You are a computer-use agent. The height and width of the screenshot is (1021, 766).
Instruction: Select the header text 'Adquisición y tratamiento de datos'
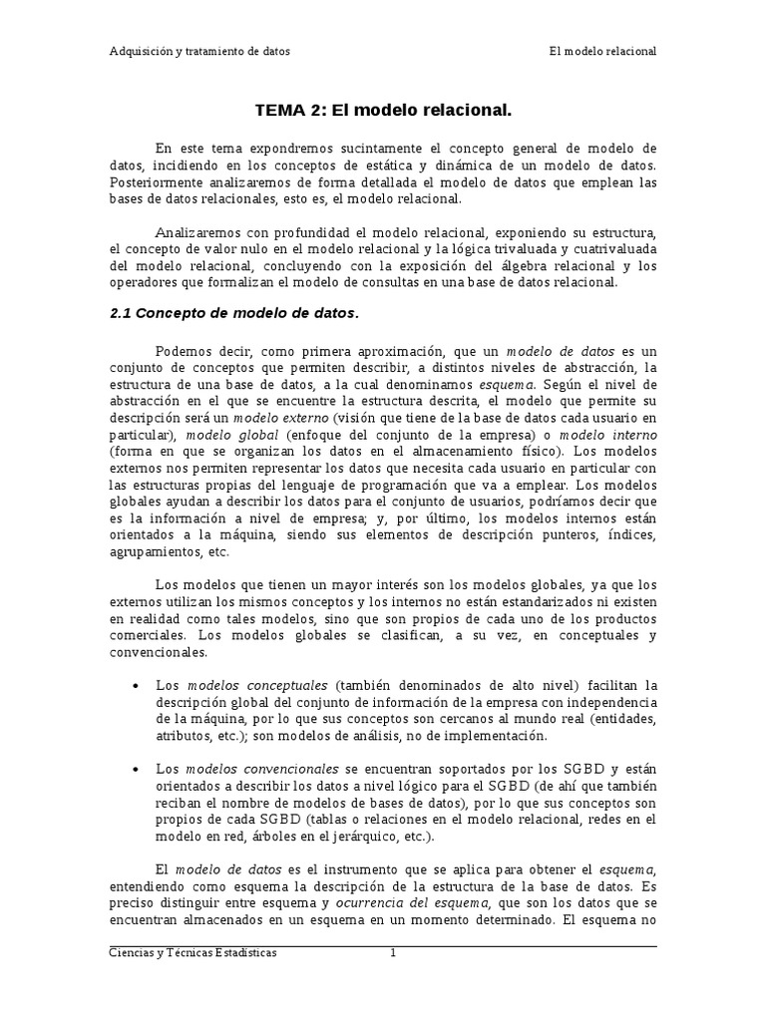(x=199, y=51)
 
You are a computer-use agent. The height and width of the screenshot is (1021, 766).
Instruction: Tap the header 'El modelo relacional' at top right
(x=602, y=51)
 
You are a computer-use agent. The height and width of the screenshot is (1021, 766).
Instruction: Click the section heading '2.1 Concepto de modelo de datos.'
(x=233, y=313)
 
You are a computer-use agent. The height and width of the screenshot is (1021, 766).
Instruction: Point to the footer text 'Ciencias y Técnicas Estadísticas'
(x=192, y=953)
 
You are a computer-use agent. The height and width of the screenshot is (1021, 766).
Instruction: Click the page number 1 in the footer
(x=393, y=953)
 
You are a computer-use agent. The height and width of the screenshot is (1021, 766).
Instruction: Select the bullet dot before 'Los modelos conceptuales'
(x=135, y=686)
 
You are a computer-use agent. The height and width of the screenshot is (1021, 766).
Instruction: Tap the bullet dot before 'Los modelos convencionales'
(x=135, y=771)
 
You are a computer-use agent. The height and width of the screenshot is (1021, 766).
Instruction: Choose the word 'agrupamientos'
(x=153, y=553)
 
